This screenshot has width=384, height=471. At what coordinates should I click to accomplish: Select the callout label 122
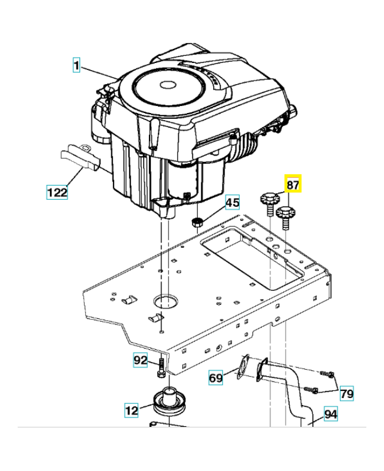[x=57, y=191]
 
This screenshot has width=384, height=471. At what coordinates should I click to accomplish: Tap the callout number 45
[x=232, y=203]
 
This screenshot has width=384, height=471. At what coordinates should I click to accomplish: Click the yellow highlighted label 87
[x=293, y=185]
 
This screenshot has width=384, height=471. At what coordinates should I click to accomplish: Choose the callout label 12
[x=132, y=409]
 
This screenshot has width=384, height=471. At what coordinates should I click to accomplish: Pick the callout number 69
[x=217, y=377]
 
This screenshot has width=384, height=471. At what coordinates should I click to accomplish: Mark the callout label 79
[x=346, y=393]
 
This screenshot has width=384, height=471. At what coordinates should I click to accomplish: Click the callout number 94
[x=331, y=414]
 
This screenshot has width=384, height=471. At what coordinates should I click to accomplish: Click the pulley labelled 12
[x=168, y=403]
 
